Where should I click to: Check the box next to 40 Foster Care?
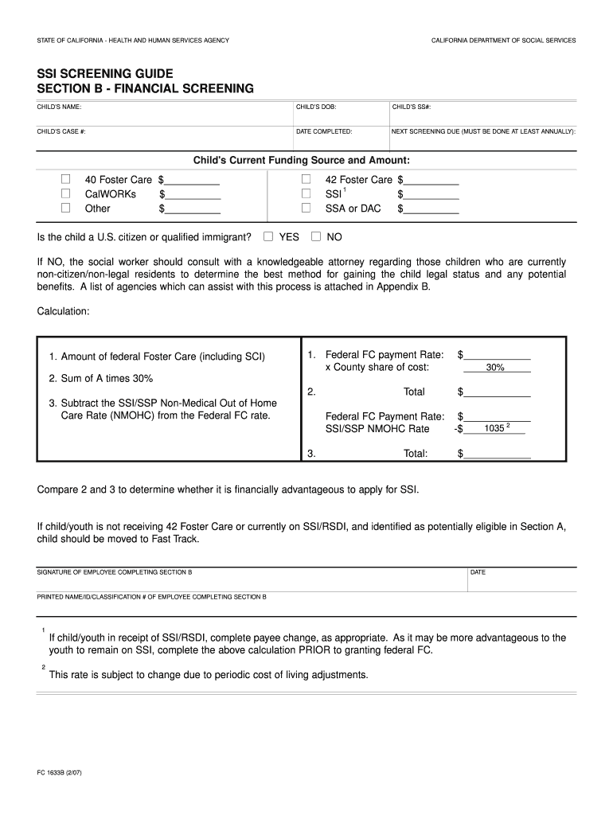pyautogui.click(x=67, y=179)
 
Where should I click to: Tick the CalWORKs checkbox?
pyautogui.click(x=67, y=193)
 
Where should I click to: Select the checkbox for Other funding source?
pyautogui.click(x=67, y=208)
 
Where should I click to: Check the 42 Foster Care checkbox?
pyautogui.click(x=306, y=179)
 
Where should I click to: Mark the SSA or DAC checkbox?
pyautogui.click(x=306, y=208)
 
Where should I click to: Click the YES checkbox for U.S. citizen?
pyautogui.click(x=268, y=236)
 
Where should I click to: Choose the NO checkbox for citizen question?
pyautogui.click(x=316, y=236)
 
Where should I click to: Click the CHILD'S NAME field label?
pyautogui.click(x=59, y=107)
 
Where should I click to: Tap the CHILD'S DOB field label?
pyautogui.click(x=317, y=107)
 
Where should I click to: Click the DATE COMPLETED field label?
pyautogui.click(x=324, y=131)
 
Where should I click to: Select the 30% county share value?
pyautogui.click(x=495, y=368)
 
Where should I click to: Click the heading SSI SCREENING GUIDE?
pyautogui.click(x=104, y=73)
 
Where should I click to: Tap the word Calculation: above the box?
pyautogui.click(x=64, y=311)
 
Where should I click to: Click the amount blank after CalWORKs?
pyautogui.click(x=192, y=195)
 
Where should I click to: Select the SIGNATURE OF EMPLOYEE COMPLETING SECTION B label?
pyautogui.click(x=115, y=572)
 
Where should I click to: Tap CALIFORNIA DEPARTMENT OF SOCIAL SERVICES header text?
pyautogui.click(x=503, y=40)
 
